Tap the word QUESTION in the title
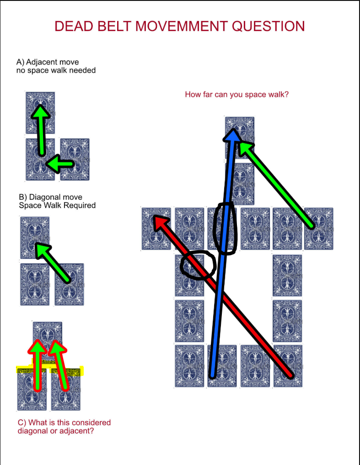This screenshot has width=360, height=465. coord(269,26)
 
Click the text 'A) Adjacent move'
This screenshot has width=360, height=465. coord(48,62)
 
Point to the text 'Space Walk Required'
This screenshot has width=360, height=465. coord(57,205)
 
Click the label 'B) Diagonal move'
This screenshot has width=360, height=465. coord(50,197)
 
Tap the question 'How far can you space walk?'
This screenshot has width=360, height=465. coord(236,94)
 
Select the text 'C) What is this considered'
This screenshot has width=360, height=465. coord(64,422)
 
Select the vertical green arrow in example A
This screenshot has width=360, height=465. coord(41,130)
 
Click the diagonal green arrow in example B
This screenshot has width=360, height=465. coord(52,262)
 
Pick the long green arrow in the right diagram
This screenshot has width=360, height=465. coord(276,185)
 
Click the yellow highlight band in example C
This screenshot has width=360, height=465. coord(49,369)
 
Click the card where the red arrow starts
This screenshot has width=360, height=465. coord(288,366)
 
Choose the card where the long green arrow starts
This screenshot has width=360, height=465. coord(319,229)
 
